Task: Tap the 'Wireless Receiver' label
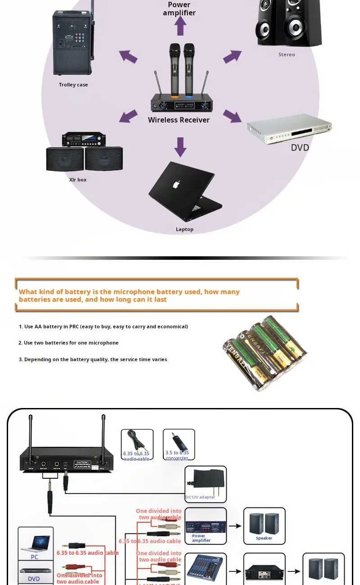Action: (179, 120)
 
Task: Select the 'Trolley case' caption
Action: (73, 85)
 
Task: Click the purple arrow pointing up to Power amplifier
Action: (180, 26)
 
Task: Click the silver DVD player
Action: (289, 128)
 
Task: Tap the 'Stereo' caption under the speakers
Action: (287, 54)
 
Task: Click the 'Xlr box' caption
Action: (78, 180)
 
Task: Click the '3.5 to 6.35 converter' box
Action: (179, 444)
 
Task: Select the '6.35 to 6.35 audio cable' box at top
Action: (137, 444)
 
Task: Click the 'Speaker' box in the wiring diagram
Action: (264, 526)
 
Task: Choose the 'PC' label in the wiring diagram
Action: (35, 557)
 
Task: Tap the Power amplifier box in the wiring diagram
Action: (205, 526)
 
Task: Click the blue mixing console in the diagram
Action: (205, 569)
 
